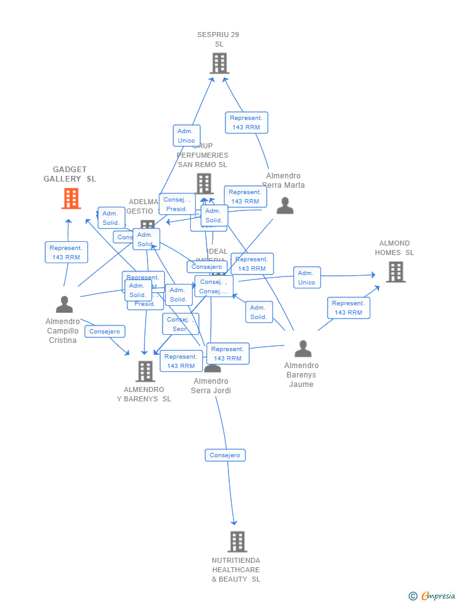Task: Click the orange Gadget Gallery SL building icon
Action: click(x=71, y=198)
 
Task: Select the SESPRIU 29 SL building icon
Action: click(x=219, y=63)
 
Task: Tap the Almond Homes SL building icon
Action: click(x=395, y=272)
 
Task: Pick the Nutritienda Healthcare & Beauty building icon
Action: click(x=237, y=541)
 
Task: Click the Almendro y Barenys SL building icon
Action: click(x=145, y=371)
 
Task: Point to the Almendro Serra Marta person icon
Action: click(x=285, y=205)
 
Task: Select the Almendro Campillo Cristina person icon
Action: click(x=64, y=305)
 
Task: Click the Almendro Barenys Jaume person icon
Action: click(x=303, y=349)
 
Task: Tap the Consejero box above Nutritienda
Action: click(x=225, y=455)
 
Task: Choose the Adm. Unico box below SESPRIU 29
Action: click(x=186, y=136)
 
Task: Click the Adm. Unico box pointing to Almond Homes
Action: click(x=306, y=278)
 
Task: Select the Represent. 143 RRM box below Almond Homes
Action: click(x=348, y=308)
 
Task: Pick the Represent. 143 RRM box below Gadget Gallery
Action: click(x=66, y=253)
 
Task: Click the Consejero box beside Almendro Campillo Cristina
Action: click(x=105, y=331)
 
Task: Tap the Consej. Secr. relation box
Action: click(x=180, y=324)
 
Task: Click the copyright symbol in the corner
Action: click(x=412, y=595)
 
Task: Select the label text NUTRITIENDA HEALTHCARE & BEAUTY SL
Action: click(x=236, y=570)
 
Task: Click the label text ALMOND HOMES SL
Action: click(x=394, y=248)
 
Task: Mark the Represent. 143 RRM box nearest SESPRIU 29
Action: click(x=246, y=122)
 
